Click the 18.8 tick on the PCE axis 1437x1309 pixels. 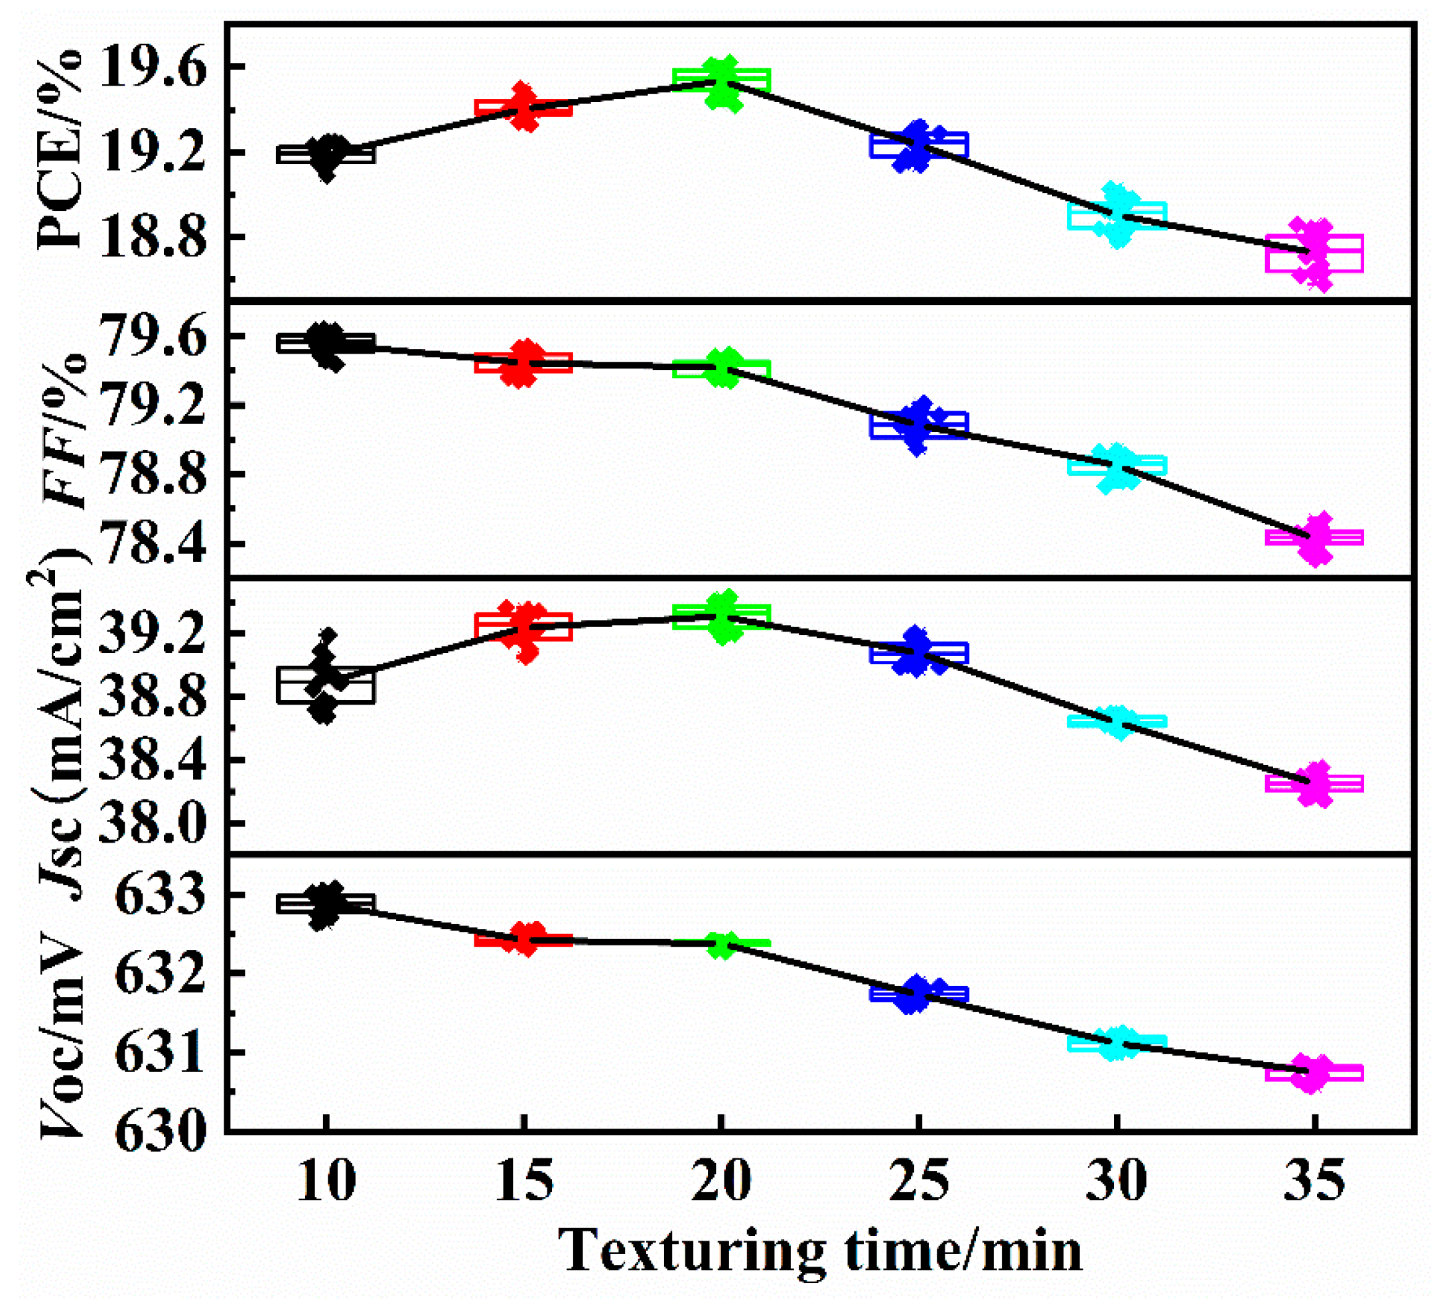coord(152,239)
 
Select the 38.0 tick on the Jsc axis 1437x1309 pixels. coord(152,824)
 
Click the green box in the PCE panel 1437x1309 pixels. coord(721,80)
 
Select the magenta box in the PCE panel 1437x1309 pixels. coord(1314,253)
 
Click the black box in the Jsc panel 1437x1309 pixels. coord(325,685)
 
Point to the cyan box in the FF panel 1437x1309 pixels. coord(1117,466)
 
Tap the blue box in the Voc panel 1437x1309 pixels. coord(919,994)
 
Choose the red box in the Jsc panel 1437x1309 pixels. coord(523,626)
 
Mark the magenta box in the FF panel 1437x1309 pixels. coord(1314,537)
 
